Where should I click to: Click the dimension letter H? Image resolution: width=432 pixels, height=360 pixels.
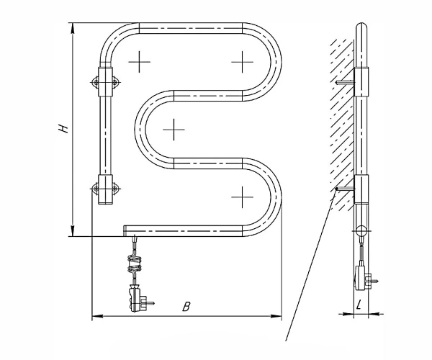64,129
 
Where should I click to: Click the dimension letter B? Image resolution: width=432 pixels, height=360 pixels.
186,307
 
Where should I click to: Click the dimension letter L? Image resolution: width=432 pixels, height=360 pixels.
359,305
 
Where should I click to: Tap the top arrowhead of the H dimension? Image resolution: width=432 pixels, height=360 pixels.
73,28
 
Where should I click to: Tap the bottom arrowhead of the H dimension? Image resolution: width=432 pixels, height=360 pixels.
73,231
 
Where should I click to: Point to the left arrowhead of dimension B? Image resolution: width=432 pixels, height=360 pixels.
97,316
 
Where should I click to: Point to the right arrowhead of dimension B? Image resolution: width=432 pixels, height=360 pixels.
276,316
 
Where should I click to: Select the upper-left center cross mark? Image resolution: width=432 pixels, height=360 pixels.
140,62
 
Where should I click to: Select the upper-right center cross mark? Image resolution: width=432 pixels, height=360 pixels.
242,62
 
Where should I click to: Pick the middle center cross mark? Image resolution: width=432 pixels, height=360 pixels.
174,129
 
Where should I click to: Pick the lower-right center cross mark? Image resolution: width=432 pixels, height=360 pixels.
242,197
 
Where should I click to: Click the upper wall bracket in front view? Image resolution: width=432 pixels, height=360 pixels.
106,82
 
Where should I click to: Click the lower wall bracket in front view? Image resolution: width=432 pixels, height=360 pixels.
106,189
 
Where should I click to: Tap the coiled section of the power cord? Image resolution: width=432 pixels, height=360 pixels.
134,264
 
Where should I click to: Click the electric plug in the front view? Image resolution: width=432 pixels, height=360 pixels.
137,300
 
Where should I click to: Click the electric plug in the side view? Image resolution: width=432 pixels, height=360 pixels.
363,278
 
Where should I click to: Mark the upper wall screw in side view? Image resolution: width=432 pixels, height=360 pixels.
345,82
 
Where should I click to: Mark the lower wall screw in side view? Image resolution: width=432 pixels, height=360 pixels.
345,189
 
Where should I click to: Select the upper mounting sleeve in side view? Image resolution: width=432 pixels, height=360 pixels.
361,82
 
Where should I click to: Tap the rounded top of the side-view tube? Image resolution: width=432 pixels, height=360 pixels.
361,26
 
